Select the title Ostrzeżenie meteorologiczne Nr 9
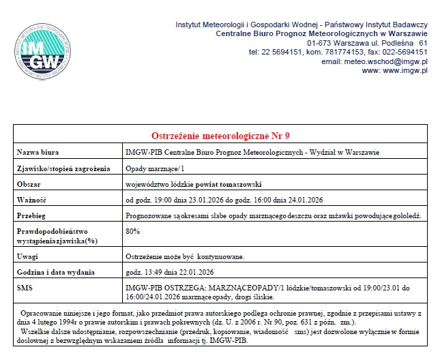pyautogui.click(x=220, y=135)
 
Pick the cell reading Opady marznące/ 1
pyautogui.click(x=155, y=168)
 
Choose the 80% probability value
pyautogui.click(x=133, y=232)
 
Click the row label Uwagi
pyautogui.click(x=27, y=256)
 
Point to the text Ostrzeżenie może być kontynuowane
pyautogui.click(x=185, y=256)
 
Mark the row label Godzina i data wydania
pyautogui.click(x=56, y=273)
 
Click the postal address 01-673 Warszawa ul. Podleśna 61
pyautogui.click(x=367, y=42)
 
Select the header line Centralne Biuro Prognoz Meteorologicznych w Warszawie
pyautogui.click(x=321, y=33)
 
